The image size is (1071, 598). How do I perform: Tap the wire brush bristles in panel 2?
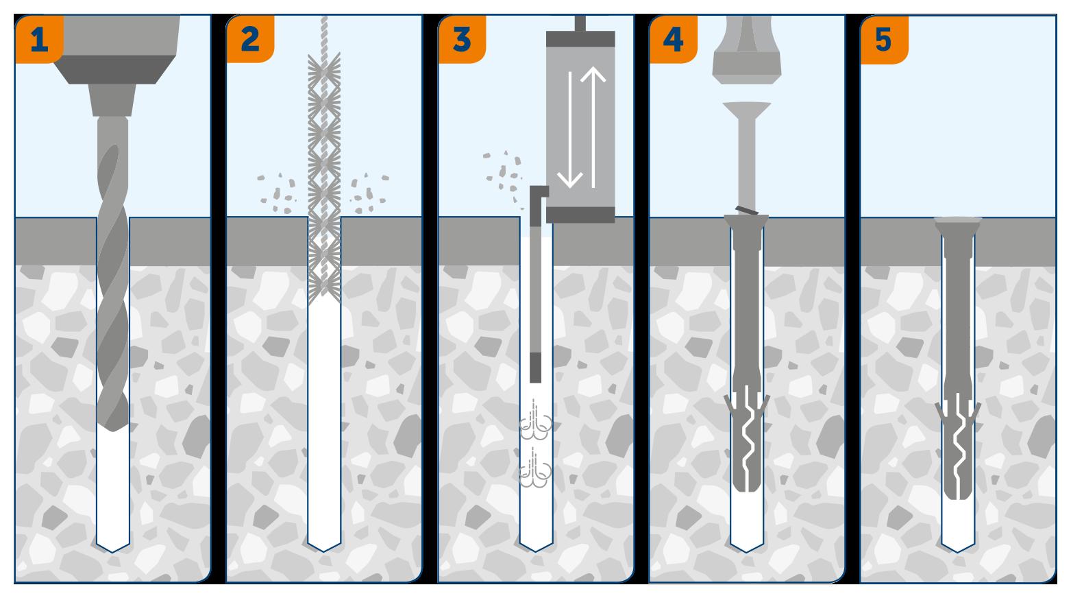coord(324,171)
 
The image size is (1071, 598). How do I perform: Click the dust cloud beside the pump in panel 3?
coord(504,171)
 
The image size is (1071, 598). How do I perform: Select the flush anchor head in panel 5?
coord(958,224)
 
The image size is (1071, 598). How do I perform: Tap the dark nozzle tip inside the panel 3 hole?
coord(536,368)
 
